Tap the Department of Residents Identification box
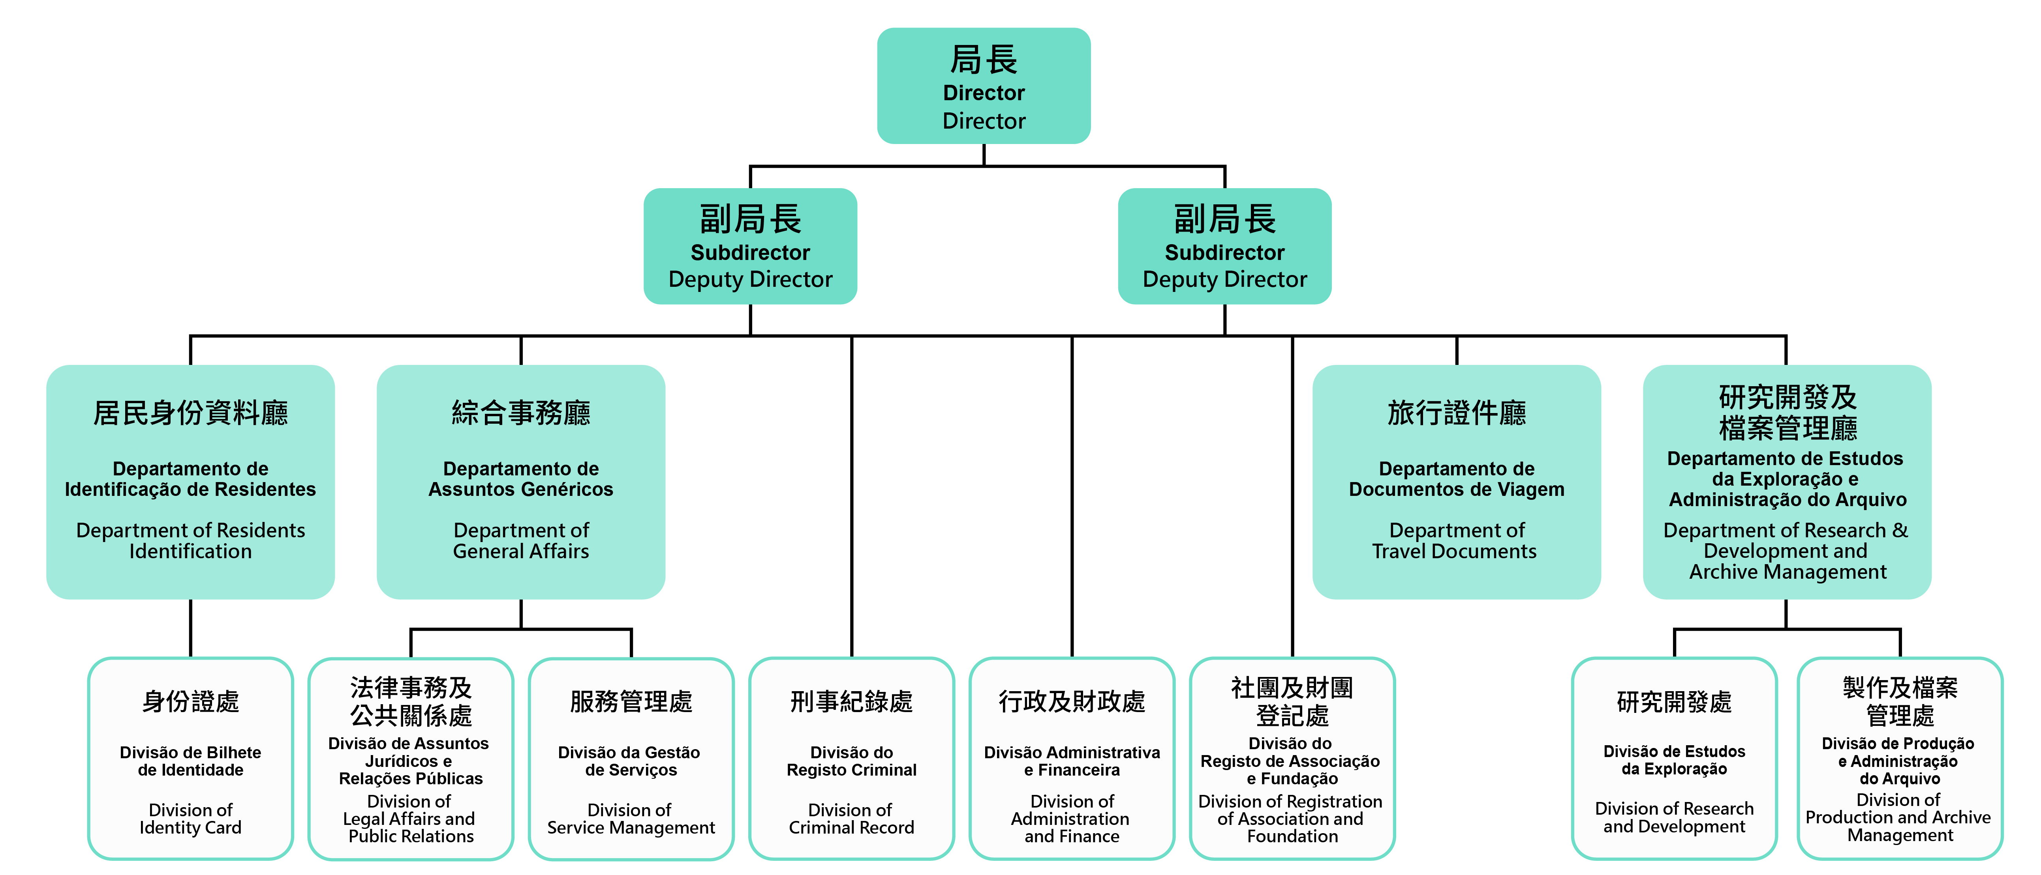tap(190, 481)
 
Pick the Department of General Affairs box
tap(520, 481)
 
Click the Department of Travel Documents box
tap(1456, 481)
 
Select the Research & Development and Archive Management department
tap(1787, 481)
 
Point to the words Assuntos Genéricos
tap(520, 489)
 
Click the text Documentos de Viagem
tap(1456, 489)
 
